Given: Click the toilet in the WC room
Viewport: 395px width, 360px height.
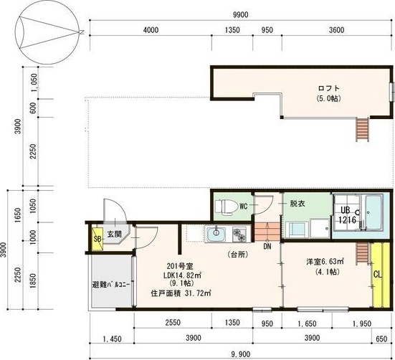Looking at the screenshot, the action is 227,207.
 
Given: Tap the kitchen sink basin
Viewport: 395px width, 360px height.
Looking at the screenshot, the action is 216,235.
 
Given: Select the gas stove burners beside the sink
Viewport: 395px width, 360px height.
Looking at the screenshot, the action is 239,235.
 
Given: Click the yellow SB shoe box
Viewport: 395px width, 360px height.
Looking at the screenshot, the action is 97,239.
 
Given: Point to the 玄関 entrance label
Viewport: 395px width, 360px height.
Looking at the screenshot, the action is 115,235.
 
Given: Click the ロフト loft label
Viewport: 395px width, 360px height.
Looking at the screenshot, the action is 329,88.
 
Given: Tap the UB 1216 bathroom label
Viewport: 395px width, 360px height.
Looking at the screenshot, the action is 347,215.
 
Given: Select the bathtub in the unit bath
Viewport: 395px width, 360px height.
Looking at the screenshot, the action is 373,212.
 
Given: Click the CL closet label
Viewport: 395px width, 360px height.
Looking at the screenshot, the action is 377,275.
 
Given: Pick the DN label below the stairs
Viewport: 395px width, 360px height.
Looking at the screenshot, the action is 267,247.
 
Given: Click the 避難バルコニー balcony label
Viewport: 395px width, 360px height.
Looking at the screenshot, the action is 111,285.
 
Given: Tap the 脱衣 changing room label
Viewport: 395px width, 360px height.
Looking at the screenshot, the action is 298,203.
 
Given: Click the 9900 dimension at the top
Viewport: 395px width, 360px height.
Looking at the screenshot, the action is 241,15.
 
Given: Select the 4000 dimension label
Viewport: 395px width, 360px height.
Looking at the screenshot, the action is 151,30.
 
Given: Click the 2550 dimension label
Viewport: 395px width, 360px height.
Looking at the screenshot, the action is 173,323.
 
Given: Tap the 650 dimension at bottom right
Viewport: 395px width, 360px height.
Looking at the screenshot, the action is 381,338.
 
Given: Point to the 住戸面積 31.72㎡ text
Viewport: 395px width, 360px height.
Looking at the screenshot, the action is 181,293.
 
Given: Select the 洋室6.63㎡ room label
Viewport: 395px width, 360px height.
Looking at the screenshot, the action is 325,262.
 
